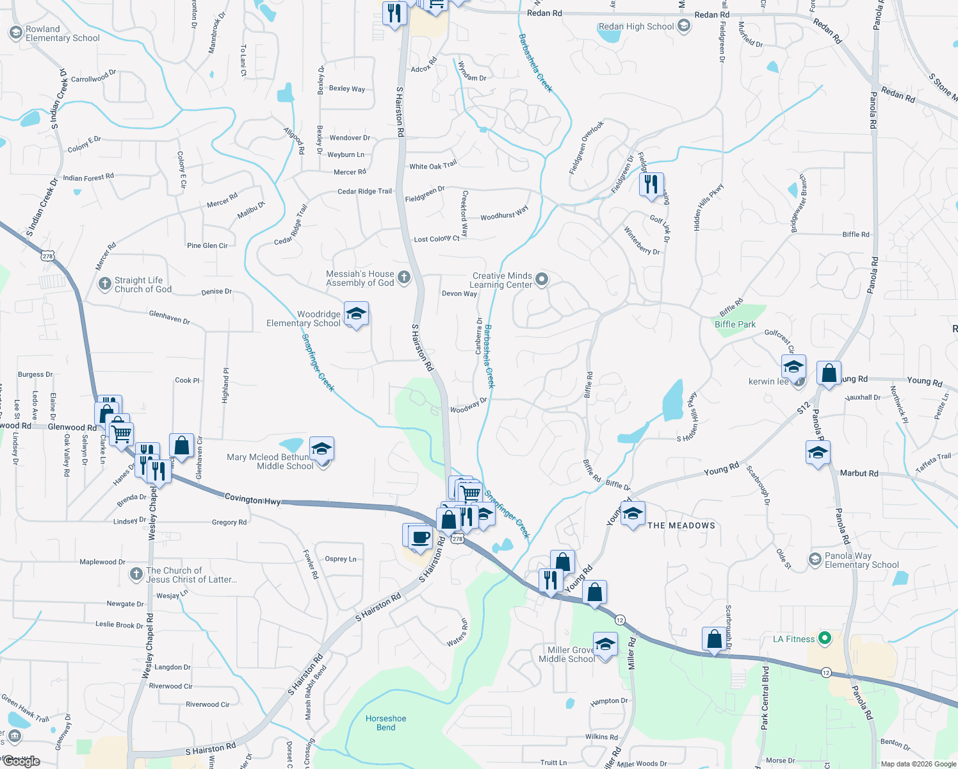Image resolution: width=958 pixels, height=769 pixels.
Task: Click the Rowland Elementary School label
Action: [62, 34]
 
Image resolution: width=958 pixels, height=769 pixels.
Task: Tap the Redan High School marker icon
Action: [684, 26]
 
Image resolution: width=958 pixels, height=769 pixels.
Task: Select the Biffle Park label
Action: [735, 324]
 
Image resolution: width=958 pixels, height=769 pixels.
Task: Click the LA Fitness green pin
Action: [825, 638]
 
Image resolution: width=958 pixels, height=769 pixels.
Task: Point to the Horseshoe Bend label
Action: [386, 723]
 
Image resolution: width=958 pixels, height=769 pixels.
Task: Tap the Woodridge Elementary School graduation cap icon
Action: [356, 314]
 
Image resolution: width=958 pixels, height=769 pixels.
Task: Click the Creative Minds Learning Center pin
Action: [542, 279]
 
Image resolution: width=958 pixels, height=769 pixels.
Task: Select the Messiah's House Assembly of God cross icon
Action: [403, 277]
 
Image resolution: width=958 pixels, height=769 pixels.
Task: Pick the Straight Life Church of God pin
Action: [105, 284]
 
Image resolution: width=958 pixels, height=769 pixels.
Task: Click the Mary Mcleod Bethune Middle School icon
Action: [321, 449]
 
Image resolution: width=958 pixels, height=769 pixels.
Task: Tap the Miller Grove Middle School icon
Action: [605, 644]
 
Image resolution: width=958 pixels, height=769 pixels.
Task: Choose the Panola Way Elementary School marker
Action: [815, 559]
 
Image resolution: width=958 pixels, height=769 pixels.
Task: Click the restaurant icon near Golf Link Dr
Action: [651, 184]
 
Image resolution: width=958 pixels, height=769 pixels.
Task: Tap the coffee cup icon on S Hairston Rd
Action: [420, 536]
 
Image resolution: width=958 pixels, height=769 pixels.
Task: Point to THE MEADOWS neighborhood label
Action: [681, 525]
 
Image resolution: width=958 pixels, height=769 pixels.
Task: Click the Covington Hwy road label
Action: [252, 499]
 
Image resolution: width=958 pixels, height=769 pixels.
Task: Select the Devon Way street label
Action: [459, 294]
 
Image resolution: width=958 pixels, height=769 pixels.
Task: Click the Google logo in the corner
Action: [22, 761]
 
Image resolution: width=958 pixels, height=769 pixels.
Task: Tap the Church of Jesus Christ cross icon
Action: [136, 574]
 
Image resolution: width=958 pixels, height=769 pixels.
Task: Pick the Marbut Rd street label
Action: [859, 473]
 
